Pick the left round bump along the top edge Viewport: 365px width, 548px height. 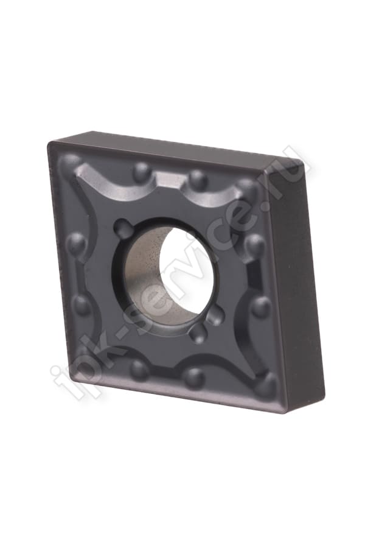pos(142,172)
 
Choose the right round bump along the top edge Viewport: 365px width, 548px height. pos(198,179)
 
